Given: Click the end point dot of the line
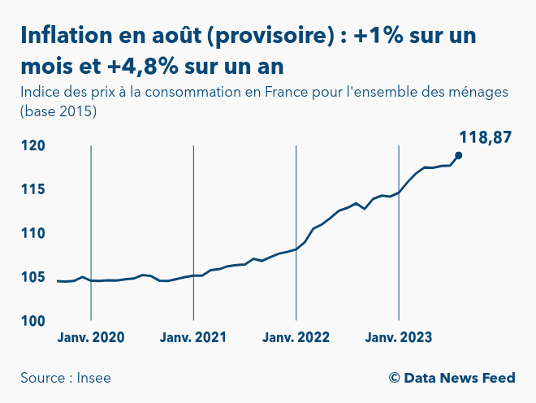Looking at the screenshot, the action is pyautogui.click(x=458, y=156).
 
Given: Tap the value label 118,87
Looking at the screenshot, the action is pyautogui.click(x=485, y=137).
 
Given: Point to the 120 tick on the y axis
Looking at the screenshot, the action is pyautogui.click(x=33, y=145).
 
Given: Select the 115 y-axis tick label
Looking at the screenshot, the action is pyautogui.click(x=33, y=189).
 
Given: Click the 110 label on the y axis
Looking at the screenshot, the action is pyautogui.click(x=33, y=233).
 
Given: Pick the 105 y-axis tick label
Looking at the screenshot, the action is pyautogui.click(x=33, y=277).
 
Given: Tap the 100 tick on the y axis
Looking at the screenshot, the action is pyautogui.click(x=33, y=321).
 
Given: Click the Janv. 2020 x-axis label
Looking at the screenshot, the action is pyautogui.click(x=91, y=338).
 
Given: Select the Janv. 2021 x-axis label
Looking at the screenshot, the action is pyautogui.click(x=193, y=338).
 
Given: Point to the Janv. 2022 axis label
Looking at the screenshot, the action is pyautogui.click(x=296, y=338).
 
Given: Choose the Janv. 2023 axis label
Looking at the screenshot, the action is pyautogui.click(x=399, y=338).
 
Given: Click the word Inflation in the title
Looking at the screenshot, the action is pyautogui.click(x=67, y=35).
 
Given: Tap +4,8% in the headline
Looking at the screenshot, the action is pyautogui.click(x=143, y=66).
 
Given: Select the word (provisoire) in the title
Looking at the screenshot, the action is pyautogui.click(x=270, y=36).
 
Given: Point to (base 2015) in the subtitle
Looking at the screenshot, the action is pyautogui.click(x=58, y=111).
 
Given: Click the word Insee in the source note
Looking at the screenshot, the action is pyautogui.click(x=93, y=378).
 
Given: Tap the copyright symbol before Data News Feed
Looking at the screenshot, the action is pyautogui.click(x=394, y=378).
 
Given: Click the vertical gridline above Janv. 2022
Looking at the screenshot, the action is pyautogui.click(x=296, y=232).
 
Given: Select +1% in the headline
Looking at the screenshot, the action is pyautogui.click(x=378, y=35).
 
